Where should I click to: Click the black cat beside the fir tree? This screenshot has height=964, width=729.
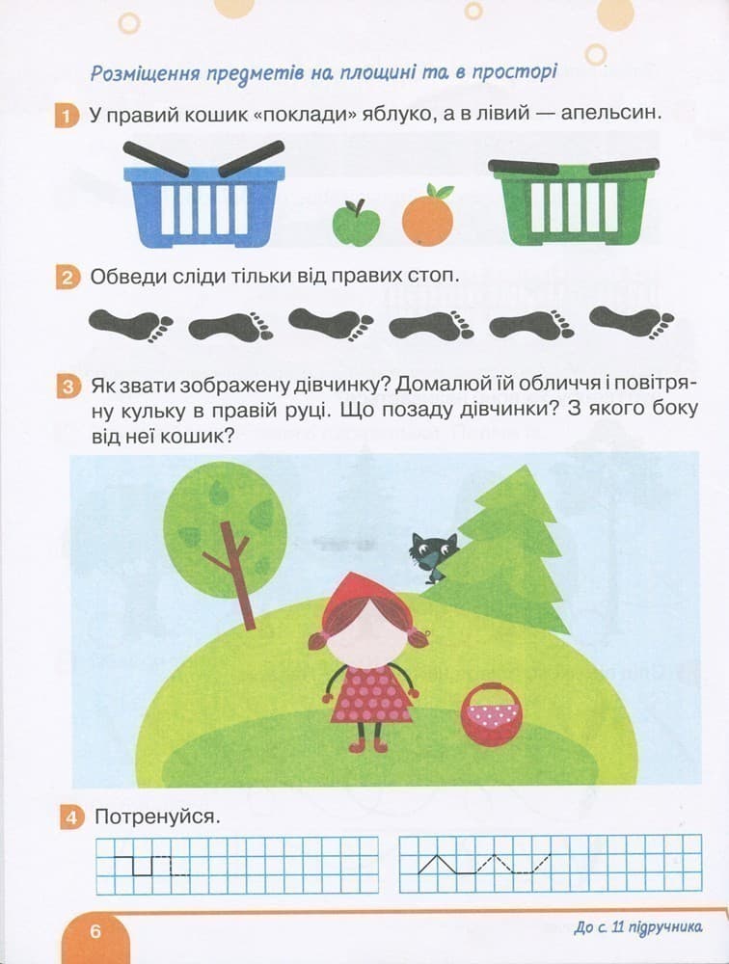433,556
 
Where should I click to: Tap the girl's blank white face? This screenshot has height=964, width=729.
368,634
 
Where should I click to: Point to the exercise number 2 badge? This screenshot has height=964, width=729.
67,278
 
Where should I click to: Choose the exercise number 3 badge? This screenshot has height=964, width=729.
68,388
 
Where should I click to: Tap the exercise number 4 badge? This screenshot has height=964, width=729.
71,818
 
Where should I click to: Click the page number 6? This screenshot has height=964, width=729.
94,931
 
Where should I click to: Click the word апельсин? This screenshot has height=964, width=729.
611,115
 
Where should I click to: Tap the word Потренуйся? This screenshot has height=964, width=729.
157,817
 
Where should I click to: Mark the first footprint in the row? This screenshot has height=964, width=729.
130,325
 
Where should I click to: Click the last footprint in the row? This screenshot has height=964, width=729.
632,322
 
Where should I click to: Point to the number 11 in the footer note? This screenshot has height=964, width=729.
617,927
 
